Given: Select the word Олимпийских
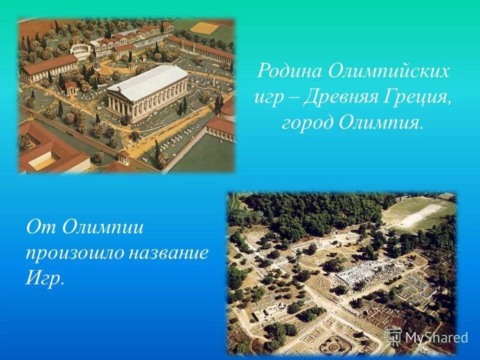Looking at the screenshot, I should pos(389,71).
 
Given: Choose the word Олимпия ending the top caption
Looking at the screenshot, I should pos(380,123).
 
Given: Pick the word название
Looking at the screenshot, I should pos(169,252).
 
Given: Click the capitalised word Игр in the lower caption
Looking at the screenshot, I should pos(44,278).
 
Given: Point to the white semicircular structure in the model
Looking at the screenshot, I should pos(80,49).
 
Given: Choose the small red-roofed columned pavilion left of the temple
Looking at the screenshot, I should pos(70,88).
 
